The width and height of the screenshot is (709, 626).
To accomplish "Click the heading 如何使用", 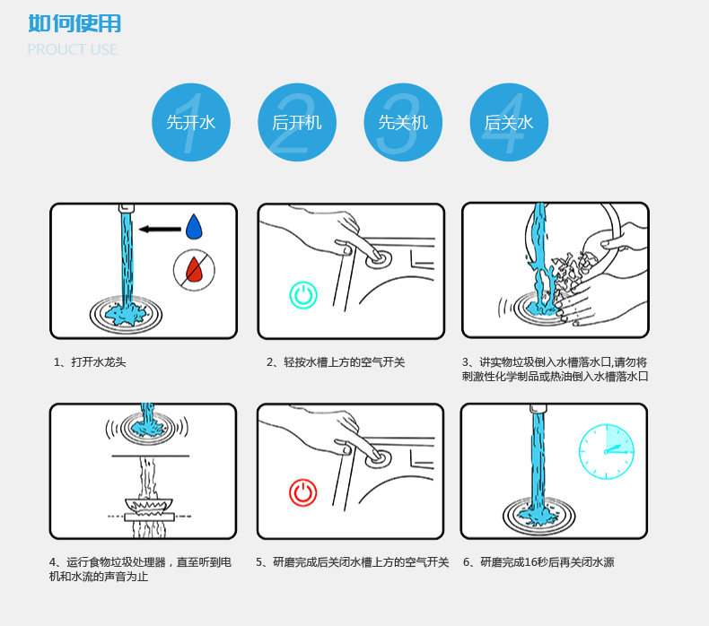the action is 74,23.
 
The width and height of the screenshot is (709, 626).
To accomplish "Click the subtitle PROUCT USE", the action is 73,49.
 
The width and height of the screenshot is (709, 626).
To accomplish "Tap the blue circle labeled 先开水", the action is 191,122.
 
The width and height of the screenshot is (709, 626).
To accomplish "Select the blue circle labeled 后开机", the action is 297,122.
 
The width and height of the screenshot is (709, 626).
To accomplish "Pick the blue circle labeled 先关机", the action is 403,122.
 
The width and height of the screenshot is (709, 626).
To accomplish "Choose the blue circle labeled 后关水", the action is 509,122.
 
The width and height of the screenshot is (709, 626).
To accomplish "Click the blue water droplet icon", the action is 194,227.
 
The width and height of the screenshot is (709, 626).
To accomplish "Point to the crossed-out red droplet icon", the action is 195,270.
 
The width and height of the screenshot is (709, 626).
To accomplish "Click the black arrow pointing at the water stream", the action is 160,230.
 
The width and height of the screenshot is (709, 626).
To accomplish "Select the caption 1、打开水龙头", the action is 90,362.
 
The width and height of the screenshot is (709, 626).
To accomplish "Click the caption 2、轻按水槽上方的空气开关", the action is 336,362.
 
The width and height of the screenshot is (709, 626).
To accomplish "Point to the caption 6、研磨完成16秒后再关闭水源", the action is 538,562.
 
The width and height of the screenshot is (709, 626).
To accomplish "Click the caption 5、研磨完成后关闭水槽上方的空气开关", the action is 352,562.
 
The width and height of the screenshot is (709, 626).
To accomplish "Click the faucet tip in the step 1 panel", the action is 127,208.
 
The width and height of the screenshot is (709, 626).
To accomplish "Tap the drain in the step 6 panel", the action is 539,516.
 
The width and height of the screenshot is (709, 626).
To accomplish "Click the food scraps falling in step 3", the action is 572,271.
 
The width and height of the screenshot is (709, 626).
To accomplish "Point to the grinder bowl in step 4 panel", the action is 149,505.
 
